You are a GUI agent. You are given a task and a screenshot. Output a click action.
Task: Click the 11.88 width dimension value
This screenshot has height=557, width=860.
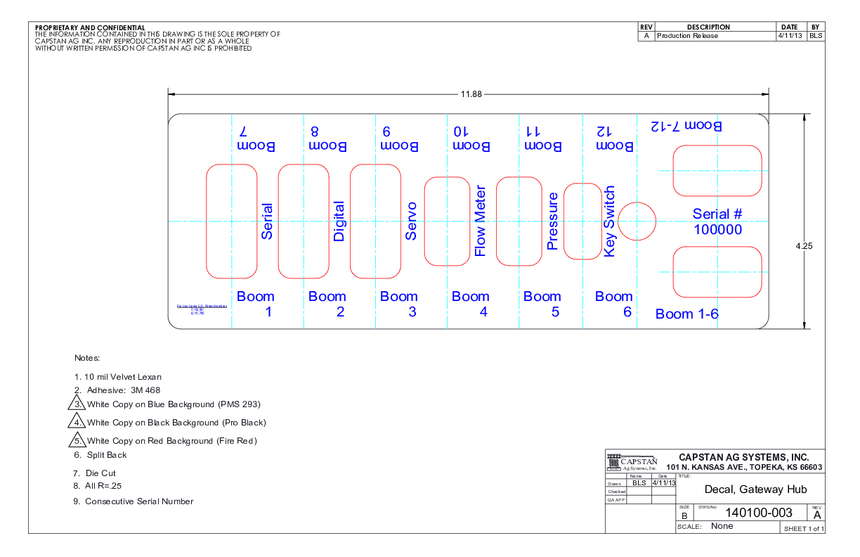coord(471,95)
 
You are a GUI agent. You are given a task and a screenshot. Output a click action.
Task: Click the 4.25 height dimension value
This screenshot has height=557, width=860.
coord(804,246)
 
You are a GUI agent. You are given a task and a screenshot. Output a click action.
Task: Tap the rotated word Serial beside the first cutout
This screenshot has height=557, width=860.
coord(267,222)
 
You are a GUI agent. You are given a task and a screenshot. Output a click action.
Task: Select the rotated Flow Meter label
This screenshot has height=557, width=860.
coord(481,222)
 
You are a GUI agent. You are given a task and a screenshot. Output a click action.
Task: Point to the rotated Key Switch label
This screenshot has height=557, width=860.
coord(609,222)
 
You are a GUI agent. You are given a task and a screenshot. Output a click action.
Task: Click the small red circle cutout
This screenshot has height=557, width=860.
coord(637,221)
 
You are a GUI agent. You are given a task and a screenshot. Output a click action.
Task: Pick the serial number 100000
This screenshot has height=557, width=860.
coord(717,229)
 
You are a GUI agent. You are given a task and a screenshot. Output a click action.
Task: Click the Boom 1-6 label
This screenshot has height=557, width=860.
coord(686,314)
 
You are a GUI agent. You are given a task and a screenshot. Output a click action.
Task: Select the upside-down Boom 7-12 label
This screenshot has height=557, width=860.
coord(686,126)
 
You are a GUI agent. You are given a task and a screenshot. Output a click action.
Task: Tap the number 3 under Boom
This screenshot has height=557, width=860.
coord(412,312)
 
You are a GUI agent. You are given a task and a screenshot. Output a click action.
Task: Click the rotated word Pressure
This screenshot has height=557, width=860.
coord(552,222)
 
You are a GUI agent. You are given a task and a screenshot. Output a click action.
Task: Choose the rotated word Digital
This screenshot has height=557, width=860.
coord(339,222)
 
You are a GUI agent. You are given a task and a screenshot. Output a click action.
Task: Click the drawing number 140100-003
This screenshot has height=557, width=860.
coord(748,513)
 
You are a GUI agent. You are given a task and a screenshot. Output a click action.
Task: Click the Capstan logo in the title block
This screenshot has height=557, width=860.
coord(632,462)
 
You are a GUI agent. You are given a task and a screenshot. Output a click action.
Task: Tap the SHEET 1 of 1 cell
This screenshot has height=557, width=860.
coord(804,528)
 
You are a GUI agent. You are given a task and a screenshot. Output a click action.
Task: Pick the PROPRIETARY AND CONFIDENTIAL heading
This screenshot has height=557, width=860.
coord(90,27)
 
